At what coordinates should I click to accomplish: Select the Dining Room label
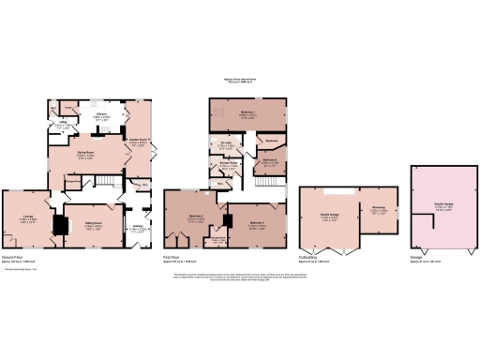83,156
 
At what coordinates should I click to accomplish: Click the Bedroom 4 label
269,160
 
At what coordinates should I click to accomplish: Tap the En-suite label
227,144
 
